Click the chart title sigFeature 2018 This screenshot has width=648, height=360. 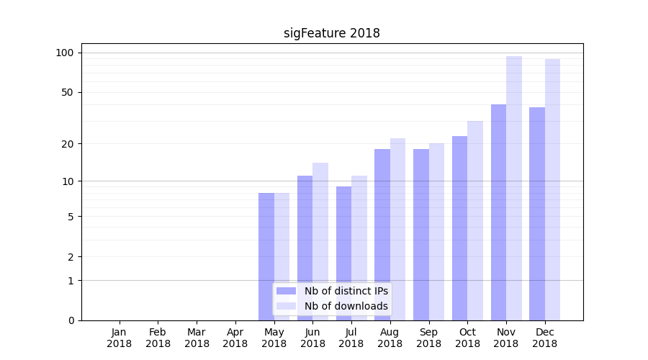point(331,33)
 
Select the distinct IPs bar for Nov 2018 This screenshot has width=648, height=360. point(498,212)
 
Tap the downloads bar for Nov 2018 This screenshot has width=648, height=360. point(514,188)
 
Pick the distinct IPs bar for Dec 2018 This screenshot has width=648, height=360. point(537,214)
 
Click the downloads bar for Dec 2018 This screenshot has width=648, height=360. point(552,189)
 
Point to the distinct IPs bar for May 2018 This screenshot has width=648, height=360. point(266,256)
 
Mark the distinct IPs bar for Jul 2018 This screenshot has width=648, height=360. point(343,253)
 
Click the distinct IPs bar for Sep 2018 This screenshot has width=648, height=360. point(421,235)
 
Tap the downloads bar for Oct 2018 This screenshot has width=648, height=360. point(475,220)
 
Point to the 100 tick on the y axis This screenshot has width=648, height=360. point(65,53)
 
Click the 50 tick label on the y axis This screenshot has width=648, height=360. point(67,92)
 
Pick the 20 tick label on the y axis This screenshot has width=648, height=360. point(67,143)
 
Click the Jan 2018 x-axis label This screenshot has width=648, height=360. point(120,338)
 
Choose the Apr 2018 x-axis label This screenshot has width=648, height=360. point(235,338)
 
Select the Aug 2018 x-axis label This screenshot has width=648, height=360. point(390,338)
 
